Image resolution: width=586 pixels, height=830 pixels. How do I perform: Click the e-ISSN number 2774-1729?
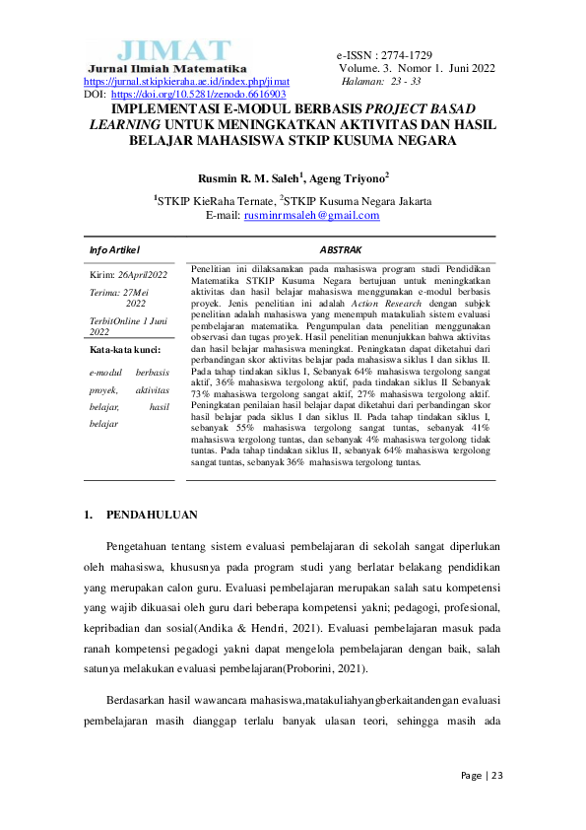[401, 55]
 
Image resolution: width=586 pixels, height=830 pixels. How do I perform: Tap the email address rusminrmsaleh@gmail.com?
[312, 215]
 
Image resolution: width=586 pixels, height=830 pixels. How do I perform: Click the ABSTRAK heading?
[340, 250]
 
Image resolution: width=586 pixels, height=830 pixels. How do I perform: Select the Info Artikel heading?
[115, 250]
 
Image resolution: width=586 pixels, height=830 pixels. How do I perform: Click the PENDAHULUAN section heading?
[152, 515]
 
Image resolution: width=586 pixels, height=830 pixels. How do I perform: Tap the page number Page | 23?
[483, 776]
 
